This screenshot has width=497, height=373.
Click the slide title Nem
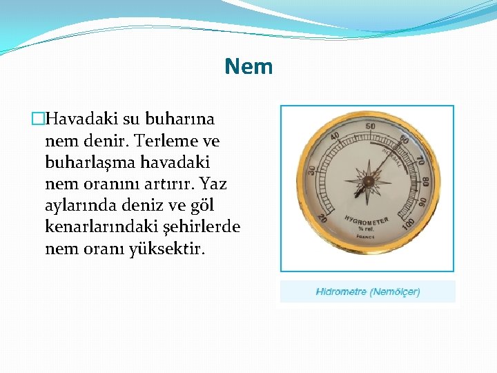pos(248,67)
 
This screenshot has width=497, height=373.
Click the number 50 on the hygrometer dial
pos(371,126)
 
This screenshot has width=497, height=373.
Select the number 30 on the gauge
pos(311,169)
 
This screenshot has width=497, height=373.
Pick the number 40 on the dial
pos(335,137)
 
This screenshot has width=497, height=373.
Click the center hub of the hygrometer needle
pos(369,182)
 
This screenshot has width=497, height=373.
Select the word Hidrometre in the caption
pos(341,291)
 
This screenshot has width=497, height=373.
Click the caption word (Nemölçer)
pos(395,291)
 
